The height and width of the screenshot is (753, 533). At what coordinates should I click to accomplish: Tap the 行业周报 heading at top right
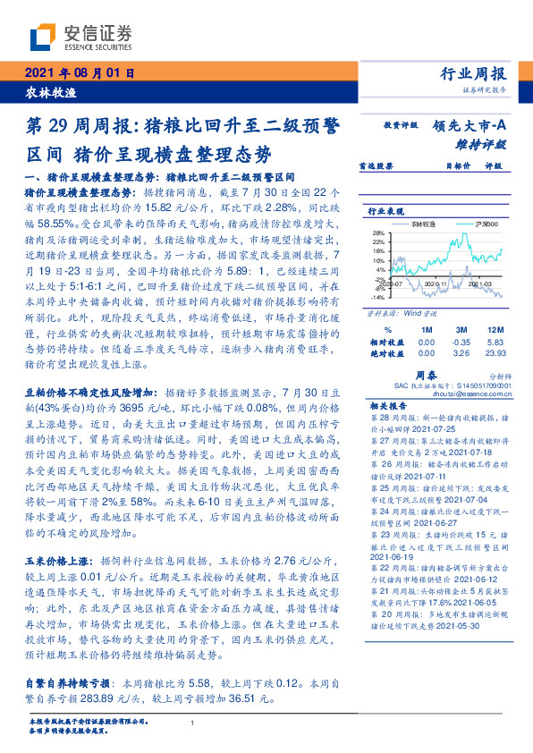tap(473, 74)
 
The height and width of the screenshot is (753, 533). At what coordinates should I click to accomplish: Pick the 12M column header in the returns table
tap(494, 329)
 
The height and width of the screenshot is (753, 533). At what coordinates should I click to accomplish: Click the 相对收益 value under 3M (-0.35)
tap(462, 342)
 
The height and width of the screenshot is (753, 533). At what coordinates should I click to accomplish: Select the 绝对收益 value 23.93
tap(494, 353)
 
